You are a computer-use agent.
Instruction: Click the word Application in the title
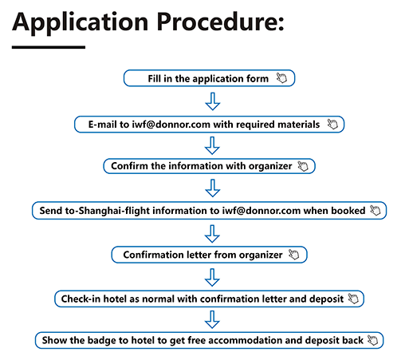[x=81, y=23]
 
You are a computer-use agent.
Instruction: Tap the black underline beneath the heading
[x=49, y=47]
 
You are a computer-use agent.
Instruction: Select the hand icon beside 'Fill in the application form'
[x=281, y=78]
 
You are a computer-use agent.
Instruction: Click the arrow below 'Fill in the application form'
[x=213, y=101]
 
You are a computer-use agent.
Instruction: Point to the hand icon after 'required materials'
[x=332, y=124]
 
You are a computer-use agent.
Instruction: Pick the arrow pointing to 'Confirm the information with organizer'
[x=212, y=145]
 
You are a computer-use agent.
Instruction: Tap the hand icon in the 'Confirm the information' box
[x=303, y=166]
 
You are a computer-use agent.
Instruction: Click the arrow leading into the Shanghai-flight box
[x=213, y=188]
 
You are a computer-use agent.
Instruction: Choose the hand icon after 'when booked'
[x=376, y=210]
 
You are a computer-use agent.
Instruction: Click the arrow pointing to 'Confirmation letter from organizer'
[x=212, y=234]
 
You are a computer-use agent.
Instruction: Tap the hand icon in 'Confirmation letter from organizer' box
[x=294, y=255]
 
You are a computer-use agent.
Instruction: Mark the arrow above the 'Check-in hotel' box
[x=212, y=278]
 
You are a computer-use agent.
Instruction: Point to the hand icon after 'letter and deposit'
[x=353, y=299]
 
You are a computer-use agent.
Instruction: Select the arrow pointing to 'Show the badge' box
[x=212, y=319]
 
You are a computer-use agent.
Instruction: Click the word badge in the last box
[x=101, y=340]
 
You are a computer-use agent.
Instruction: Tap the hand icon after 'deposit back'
[x=372, y=340]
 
